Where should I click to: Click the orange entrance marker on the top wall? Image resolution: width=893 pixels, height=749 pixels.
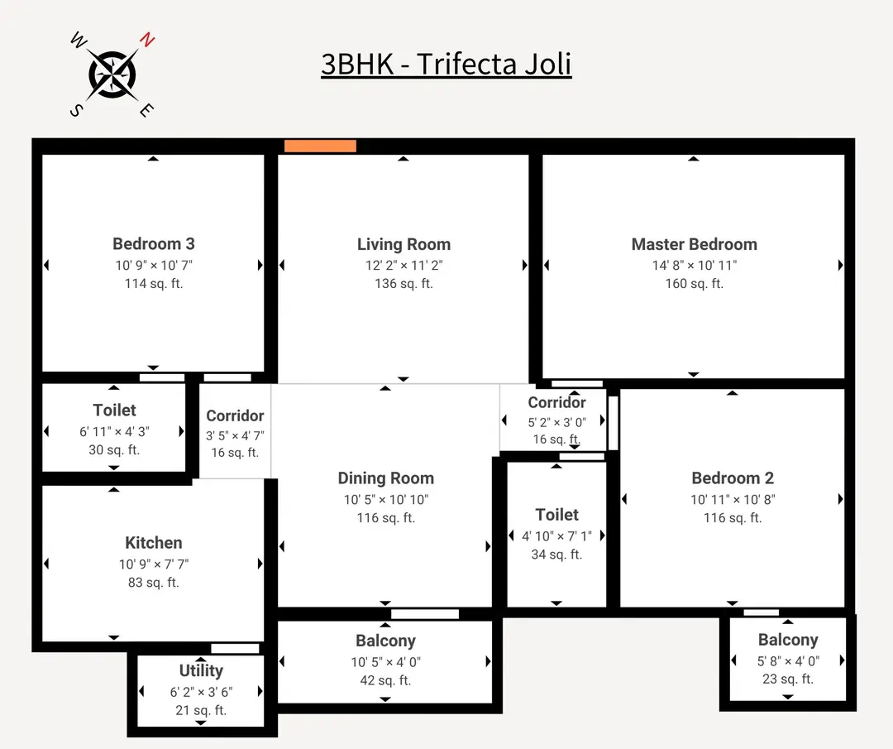pos(320,146)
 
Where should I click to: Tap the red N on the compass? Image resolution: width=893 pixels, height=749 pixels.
pos(147,39)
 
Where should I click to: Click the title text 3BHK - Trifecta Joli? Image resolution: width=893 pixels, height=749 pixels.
pos(446,64)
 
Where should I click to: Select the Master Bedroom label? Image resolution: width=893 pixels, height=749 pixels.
pos(694,244)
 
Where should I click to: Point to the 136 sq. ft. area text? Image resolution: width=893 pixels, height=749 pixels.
pos(404,283)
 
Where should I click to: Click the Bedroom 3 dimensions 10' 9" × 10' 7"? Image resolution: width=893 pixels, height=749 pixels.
pos(154,265)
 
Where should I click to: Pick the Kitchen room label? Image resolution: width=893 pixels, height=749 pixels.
pos(154,543)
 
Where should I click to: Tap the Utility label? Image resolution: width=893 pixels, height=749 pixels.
pos(201,670)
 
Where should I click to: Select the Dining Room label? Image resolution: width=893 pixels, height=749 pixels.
pos(385,478)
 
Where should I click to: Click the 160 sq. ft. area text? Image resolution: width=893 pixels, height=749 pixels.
pos(694,283)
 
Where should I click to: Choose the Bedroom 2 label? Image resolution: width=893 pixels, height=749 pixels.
pos(733,478)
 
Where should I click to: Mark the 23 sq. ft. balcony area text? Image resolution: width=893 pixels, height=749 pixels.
pos(788,679)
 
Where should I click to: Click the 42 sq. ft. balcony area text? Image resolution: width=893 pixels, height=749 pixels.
pos(385,680)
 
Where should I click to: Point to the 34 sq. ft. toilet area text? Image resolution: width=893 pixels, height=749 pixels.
pos(556,555)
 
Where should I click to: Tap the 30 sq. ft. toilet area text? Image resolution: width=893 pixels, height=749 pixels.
pos(114,450)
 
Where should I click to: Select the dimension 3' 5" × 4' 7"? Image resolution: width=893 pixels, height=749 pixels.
pos(235,435)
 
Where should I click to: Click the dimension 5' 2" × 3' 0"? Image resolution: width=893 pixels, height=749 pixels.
pos(556,422)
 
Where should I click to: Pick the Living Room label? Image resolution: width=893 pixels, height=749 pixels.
pos(404,244)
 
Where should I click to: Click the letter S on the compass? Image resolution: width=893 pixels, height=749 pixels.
pos(75,111)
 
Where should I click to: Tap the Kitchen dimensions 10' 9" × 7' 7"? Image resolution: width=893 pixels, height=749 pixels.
pos(154,564)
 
